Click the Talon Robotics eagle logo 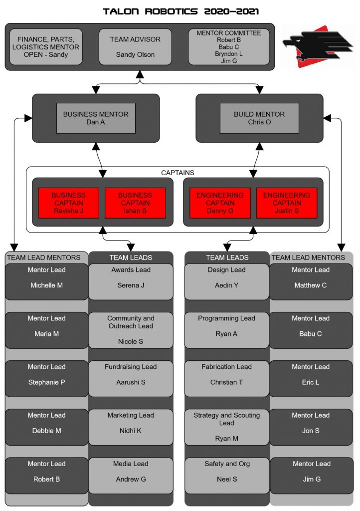[x=318, y=46]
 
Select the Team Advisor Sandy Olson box [x=135, y=47]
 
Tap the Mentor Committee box [x=229, y=47]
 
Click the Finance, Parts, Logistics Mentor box [x=46, y=47]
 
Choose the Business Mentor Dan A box [x=96, y=118]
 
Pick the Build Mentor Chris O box [x=259, y=118]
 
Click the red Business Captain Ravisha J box [x=69, y=203]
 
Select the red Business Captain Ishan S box [x=135, y=203]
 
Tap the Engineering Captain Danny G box [x=220, y=203]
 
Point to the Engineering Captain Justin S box [x=287, y=203]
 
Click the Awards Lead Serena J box [x=131, y=281]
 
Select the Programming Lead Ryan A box [x=226, y=330]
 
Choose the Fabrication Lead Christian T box [x=226, y=379]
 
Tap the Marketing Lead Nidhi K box [x=131, y=427]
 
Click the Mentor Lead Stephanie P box [x=46, y=379]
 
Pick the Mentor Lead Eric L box [x=311, y=379]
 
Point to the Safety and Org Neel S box [x=227, y=476]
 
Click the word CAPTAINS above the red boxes [x=178, y=173]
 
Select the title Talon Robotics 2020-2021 [x=181, y=11]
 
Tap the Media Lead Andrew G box [x=131, y=476]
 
